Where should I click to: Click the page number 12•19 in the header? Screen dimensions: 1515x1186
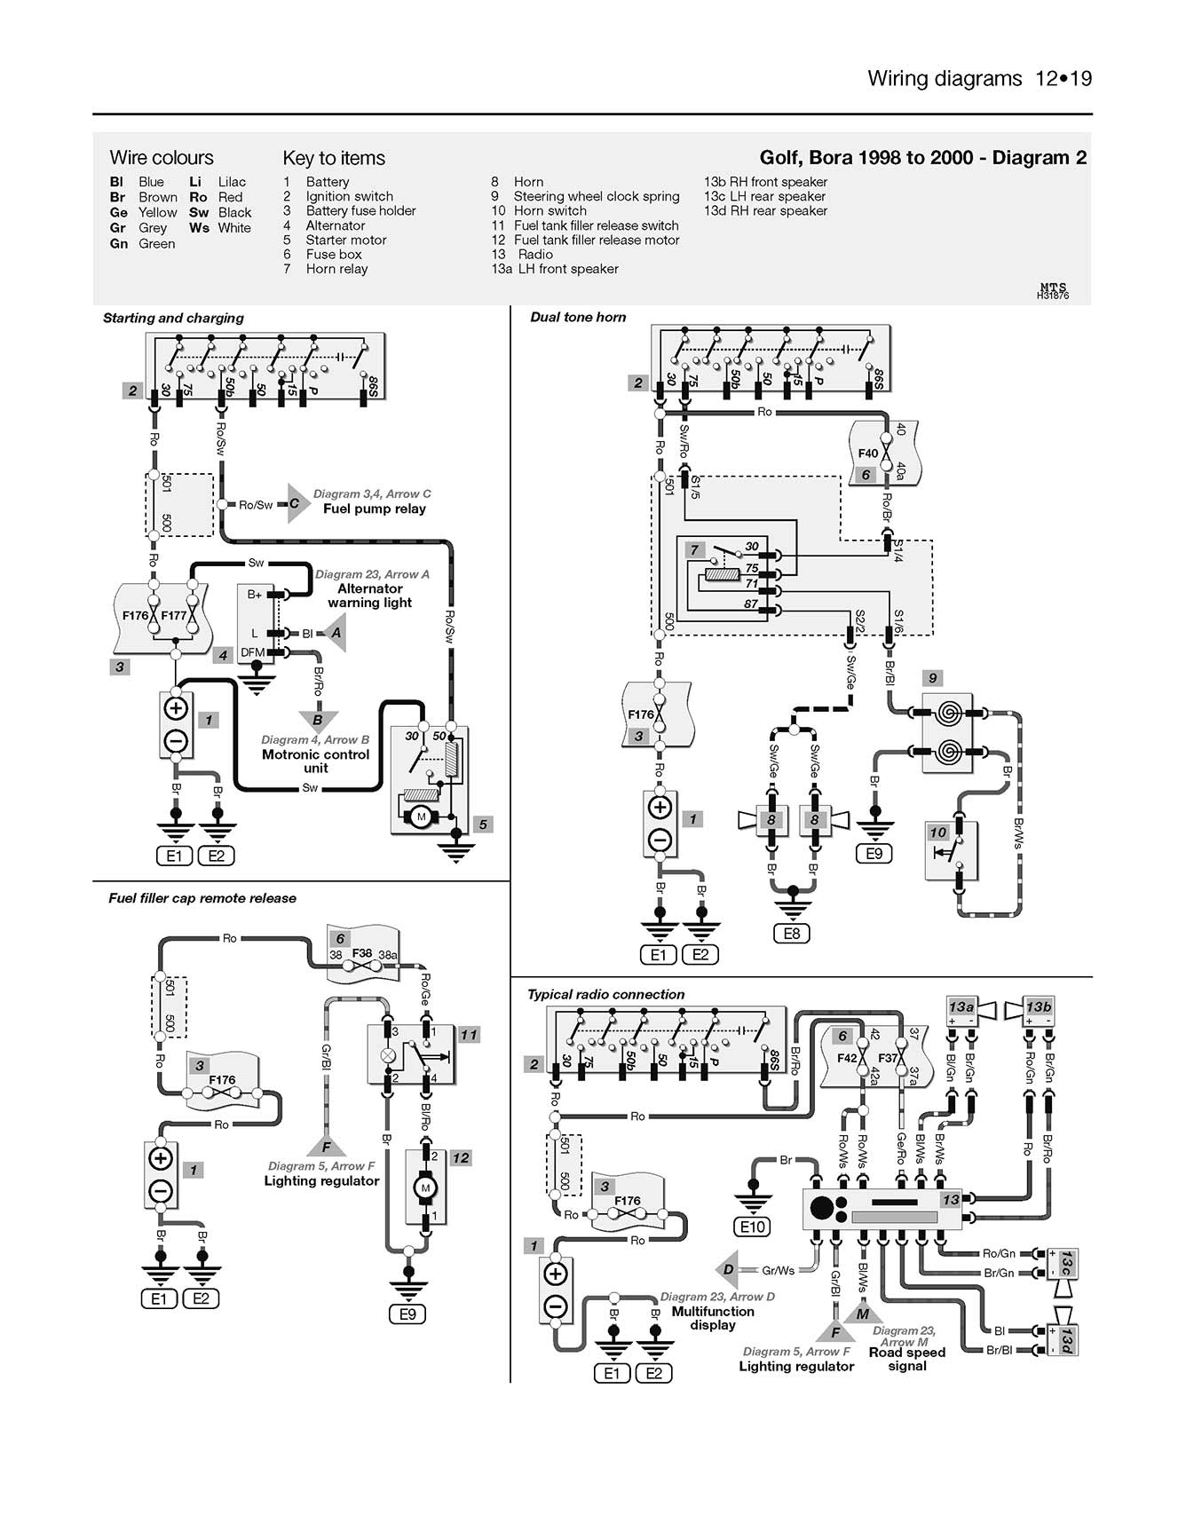(1063, 79)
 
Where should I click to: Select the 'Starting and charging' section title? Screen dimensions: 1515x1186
(173, 318)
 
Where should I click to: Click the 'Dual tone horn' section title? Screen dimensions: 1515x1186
(578, 317)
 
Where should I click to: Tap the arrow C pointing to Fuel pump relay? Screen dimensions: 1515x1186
(296, 503)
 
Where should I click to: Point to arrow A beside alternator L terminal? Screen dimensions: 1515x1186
(335, 633)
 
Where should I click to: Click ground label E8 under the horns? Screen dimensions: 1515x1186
(791, 934)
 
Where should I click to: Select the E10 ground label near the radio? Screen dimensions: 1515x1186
(753, 1227)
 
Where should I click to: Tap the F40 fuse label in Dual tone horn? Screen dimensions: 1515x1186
(867, 454)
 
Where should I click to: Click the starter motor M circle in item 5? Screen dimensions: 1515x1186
(422, 817)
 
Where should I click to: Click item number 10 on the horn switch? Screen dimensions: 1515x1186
(938, 832)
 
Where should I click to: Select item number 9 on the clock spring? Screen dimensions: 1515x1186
(932, 678)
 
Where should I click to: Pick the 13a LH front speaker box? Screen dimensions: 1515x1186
(961, 1006)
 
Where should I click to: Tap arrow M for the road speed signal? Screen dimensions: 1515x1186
(862, 1314)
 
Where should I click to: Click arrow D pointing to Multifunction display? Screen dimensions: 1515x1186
(728, 1269)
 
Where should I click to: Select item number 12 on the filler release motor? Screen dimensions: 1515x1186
(460, 1157)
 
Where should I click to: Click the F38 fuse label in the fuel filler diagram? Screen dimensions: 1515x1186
(361, 953)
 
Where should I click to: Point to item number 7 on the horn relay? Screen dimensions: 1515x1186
(695, 550)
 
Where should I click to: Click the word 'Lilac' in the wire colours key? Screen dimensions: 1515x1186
(232, 182)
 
